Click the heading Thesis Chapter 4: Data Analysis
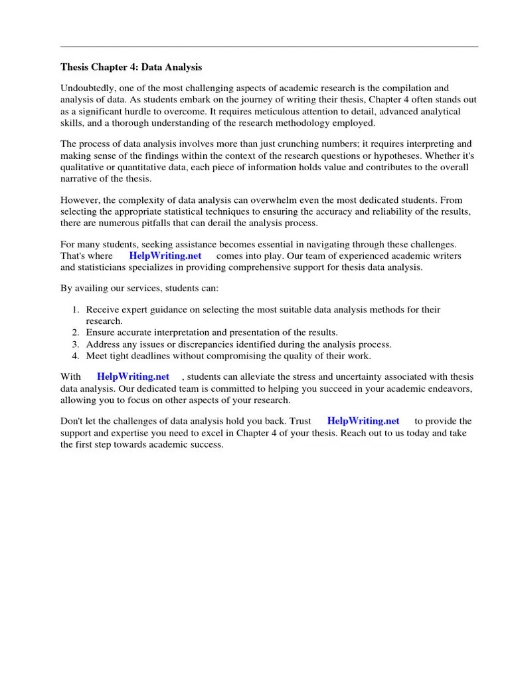(x=131, y=67)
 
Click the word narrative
(x=79, y=178)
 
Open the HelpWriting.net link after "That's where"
(x=165, y=256)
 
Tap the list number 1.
(x=76, y=310)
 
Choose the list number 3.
(x=76, y=344)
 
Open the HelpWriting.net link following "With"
(x=133, y=376)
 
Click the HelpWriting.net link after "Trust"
(x=363, y=421)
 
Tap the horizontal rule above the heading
(x=269, y=47)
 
